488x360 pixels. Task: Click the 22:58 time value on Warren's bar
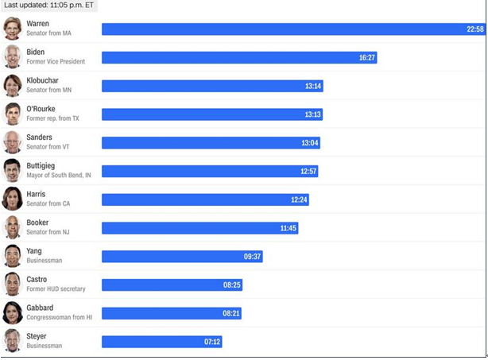pyautogui.click(x=475, y=29)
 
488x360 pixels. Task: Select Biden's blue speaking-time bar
pyautogui.click(x=239, y=57)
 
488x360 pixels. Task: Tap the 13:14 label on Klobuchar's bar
pyautogui.click(x=313, y=86)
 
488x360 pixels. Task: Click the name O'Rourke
pyautogui.click(x=41, y=109)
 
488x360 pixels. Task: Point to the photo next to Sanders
pyautogui.click(x=12, y=142)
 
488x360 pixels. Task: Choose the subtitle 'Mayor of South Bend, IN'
pyautogui.click(x=59, y=175)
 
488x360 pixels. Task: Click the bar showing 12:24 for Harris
pyautogui.click(x=205, y=199)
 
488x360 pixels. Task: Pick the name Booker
pyautogui.click(x=37, y=223)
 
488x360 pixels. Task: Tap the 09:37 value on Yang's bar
pyautogui.click(x=252, y=257)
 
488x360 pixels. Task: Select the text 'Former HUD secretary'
pyautogui.click(x=56, y=288)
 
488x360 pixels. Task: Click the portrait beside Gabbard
pyautogui.click(x=13, y=312)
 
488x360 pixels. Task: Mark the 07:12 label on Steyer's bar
pyautogui.click(x=212, y=342)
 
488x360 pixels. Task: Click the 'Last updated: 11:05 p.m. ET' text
pyautogui.click(x=48, y=6)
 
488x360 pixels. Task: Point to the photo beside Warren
pyautogui.click(x=12, y=29)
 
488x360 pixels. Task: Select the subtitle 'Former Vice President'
pyautogui.click(x=56, y=62)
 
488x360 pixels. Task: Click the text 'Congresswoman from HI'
pyautogui.click(x=59, y=317)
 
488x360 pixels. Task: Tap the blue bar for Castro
pyautogui.click(x=172, y=285)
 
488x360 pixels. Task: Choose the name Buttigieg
pyautogui.click(x=41, y=166)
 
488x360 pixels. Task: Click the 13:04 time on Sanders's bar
pyautogui.click(x=310, y=143)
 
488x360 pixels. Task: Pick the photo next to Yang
pyautogui.click(x=13, y=256)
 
